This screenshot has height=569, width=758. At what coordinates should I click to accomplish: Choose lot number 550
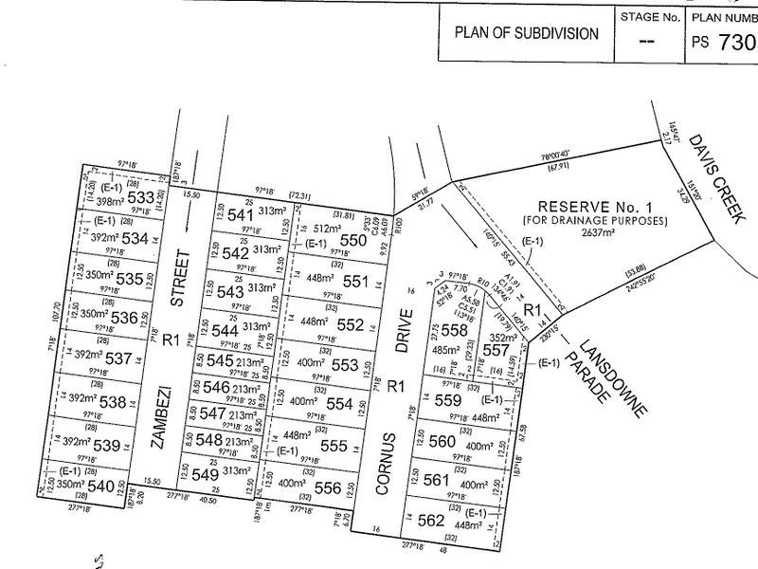(352, 241)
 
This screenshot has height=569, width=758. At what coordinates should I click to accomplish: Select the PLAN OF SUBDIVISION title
(527, 33)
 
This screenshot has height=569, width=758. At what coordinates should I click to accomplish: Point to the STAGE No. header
(649, 16)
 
